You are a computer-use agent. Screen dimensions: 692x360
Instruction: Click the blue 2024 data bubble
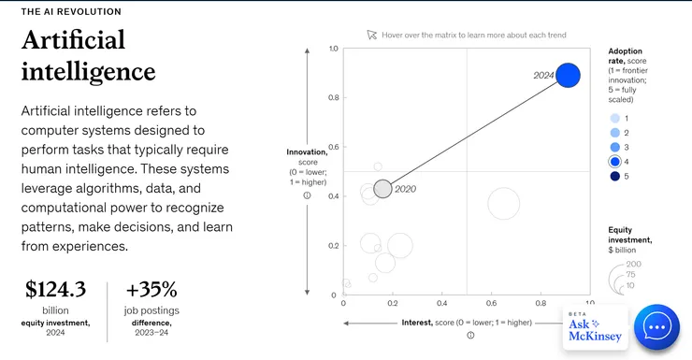tap(568, 75)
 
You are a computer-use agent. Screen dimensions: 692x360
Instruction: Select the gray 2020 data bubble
tap(382, 189)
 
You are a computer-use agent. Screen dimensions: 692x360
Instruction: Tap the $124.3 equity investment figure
tap(55, 290)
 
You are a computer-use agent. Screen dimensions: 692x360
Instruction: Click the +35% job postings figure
tap(151, 290)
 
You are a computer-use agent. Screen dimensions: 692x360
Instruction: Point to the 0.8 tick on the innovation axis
tap(334, 97)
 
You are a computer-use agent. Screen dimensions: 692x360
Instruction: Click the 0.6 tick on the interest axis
tap(491, 303)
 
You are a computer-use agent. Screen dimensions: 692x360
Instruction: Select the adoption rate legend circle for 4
tap(614, 162)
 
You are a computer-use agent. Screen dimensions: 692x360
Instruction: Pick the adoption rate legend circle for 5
tap(614, 176)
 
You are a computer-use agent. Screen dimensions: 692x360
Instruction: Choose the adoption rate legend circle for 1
tap(614, 118)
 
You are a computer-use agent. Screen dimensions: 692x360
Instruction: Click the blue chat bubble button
tap(656, 327)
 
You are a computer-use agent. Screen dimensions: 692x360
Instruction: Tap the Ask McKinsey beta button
tap(595, 328)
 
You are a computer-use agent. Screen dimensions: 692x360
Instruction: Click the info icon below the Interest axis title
tap(470, 336)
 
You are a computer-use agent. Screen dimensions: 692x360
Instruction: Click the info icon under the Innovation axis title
tap(307, 195)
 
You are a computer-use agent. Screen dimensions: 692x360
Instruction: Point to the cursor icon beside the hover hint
tap(371, 35)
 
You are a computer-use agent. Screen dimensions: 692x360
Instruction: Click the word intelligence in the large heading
tap(88, 72)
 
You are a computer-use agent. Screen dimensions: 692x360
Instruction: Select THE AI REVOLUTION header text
tap(71, 12)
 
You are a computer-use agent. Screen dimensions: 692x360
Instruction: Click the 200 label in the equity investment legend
tap(633, 265)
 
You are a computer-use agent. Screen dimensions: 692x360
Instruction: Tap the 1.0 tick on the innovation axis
tap(334, 49)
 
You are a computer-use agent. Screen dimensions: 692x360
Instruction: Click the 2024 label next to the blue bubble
tap(543, 76)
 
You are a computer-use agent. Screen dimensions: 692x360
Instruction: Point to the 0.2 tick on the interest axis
tap(393, 303)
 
